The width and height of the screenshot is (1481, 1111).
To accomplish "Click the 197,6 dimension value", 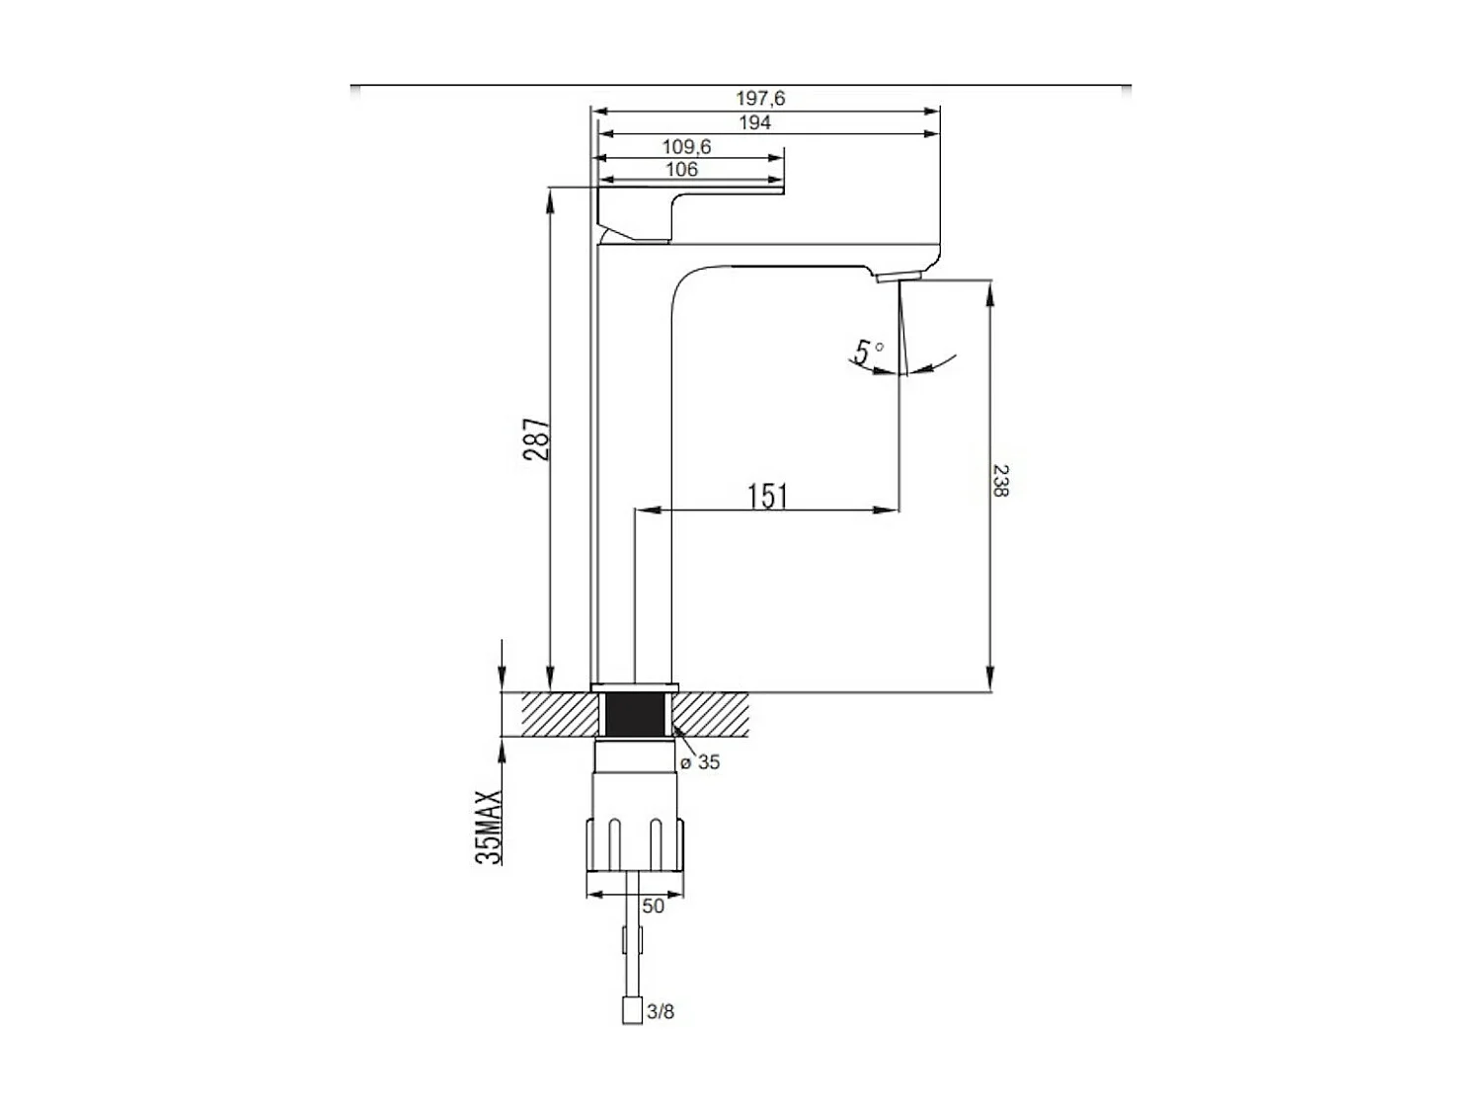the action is point(759,99).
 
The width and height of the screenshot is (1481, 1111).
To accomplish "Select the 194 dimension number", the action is point(754,122).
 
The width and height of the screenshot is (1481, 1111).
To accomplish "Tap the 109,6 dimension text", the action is point(686,146).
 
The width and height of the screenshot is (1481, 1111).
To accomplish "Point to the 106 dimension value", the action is point(681,169).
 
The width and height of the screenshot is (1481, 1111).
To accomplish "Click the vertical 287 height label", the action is point(537,439).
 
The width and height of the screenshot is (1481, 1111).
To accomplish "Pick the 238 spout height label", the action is point(1000,480).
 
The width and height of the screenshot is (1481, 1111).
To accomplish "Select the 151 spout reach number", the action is point(768,497).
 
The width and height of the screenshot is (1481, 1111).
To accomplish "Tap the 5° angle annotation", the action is point(868,353).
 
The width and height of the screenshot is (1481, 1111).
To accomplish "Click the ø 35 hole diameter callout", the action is point(700,762).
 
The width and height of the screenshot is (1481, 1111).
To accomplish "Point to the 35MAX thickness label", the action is point(490,827).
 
